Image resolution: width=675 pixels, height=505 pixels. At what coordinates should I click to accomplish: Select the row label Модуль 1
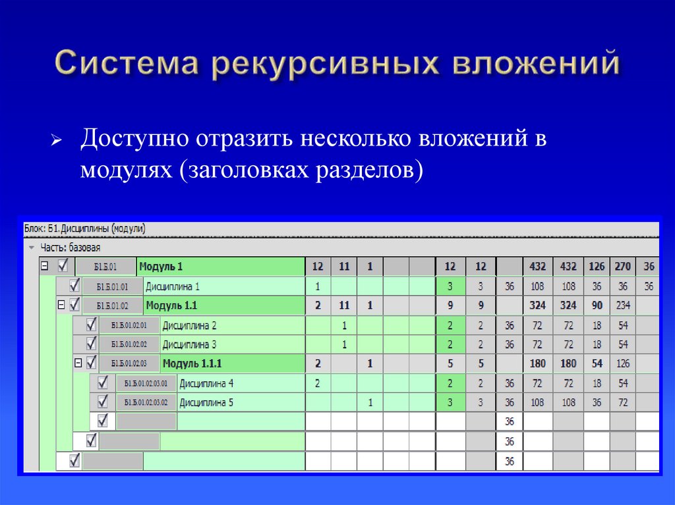pyautogui.click(x=160, y=267)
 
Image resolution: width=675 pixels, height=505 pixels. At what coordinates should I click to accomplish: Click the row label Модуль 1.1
pyautogui.click(x=171, y=306)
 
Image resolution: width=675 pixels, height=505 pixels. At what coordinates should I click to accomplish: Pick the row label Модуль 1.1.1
pyautogui.click(x=192, y=363)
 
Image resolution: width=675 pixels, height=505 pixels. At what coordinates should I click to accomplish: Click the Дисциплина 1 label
pyautogui.click(x=172, y=286)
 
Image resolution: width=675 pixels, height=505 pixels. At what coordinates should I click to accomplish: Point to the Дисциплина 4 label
pyautogui.click(x=206, y=383)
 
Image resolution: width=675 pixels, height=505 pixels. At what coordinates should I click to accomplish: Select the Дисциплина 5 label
pyautogui.click(x=206, y=402)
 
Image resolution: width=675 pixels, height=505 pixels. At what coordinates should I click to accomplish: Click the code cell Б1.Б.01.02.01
pyautogui.click(x=134, y=325)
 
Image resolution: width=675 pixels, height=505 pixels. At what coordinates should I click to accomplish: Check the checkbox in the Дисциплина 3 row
pyautogui.click(x=91, y=344)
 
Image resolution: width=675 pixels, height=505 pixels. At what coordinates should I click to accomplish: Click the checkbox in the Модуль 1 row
pyautogui.click(x=63, y=266)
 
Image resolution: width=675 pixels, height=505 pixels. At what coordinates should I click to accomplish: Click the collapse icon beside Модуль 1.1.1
pyautogui.click(x=78, y=363)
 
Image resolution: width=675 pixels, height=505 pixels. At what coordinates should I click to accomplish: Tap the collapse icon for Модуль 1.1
pyautogui.click(x=61, y=306)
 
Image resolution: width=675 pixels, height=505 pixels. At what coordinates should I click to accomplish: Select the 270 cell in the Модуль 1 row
pyautogui.click(x=623, y=267)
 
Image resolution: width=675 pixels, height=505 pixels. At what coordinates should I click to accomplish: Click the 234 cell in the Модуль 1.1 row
pyautogui.click(x=623, y=306)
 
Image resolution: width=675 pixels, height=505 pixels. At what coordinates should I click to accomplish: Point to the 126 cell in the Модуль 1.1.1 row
pyautogui.click(x=623, y=363)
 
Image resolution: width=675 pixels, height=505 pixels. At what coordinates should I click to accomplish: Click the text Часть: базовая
pyautogui.click(x=70, y=248)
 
